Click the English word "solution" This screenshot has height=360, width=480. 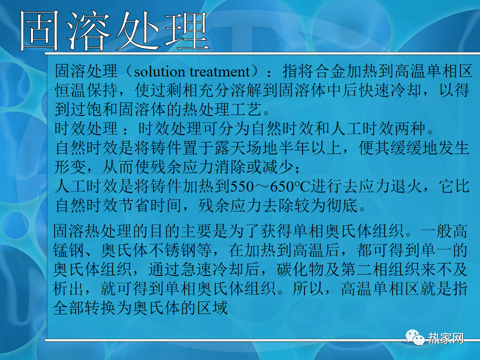[159, 72]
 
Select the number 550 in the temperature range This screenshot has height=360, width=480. [242, 186]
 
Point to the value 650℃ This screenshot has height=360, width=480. [290, 186]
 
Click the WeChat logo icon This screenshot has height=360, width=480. [415, 337]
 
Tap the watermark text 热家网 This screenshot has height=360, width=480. [445, 338]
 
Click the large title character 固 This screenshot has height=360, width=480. [39, 30]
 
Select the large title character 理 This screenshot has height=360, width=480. [186, 30]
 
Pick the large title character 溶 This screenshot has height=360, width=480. [88, 30]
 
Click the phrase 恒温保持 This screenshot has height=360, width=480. [86, 90]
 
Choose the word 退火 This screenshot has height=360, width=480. [407, 186]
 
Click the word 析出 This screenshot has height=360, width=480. [68, 288]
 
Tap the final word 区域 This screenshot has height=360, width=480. [212, 307]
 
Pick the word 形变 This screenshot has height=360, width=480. [70, 167]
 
